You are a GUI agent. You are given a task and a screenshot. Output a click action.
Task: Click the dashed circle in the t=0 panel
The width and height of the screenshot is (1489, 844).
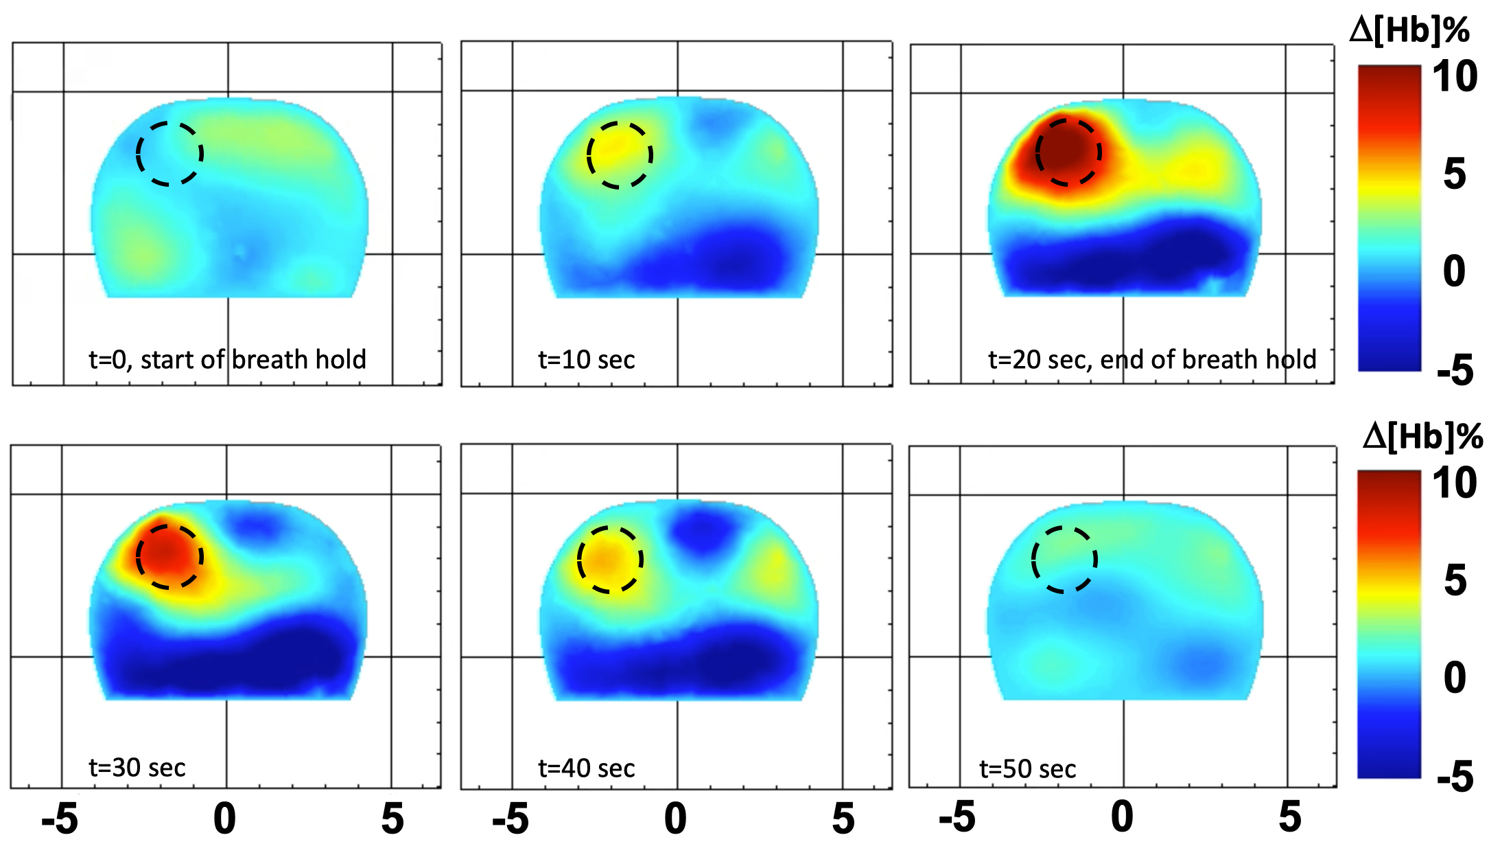pyautogui.click(x=169, y=153)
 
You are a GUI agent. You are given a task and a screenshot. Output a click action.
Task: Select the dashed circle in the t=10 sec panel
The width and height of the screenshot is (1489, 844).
pyautogui.click(x=619, y=155)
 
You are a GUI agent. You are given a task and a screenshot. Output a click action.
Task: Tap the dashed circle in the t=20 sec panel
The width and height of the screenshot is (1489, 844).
pyautogui.click(x=1068, y=152)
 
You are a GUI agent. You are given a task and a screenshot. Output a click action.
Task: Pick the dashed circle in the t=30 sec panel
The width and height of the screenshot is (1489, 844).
pyautogui.click(x=169, y=556)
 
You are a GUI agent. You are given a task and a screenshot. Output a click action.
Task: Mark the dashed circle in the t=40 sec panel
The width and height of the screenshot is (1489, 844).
pyautogui.click(x=609, y=560)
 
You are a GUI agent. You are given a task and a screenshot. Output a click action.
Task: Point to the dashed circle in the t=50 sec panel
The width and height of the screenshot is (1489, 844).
pyautogui.click(x=1064, y=559)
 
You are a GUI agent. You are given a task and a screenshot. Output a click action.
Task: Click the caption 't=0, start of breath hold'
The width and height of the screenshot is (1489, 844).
pyautogui.click(x=227, y=359)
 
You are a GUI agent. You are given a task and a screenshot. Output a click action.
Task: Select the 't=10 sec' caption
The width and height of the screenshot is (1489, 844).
pyautogui.click(x=586, y=359)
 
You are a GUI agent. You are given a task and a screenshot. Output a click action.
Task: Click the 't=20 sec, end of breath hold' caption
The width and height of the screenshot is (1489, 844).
pyautogui.click(x=1151, y=359)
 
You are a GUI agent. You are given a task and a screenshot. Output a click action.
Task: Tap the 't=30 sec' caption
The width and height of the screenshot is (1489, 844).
pyautogui.click(x=137, y=767)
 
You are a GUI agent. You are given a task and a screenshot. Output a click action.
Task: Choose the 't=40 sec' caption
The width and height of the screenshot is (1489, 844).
pyautogui.click(x=586, y=768)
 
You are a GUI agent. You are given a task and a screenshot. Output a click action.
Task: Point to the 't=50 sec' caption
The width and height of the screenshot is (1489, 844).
pyautogui.click(x=1027, y=768)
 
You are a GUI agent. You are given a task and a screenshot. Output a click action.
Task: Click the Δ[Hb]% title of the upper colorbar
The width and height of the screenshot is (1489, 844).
pyautogui.click(x=1409, y=31)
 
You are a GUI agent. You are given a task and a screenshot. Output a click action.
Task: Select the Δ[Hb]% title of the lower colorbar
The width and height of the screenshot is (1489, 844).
pyautogui.click(x=1422, y=437)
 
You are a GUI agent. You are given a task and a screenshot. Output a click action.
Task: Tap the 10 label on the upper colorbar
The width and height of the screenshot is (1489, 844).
pyautogui.click(x=1454, y=76)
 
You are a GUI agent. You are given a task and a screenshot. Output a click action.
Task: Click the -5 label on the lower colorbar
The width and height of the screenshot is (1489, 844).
pyautogui.click(x=1455, y=777)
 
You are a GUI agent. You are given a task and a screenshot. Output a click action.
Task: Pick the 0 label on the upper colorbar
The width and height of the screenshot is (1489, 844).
pyautogui.click(x=1454, y=271)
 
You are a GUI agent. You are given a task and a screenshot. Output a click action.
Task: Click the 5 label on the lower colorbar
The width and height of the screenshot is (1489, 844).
pyautogui.click(x=1455, y=580)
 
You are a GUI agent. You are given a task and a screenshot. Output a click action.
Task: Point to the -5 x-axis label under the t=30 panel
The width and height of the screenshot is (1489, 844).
pyautogui.click(x=60, y=819)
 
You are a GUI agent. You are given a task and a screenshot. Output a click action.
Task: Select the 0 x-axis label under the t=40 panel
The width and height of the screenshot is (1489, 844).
pyautogui.click(x=675, y=819)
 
